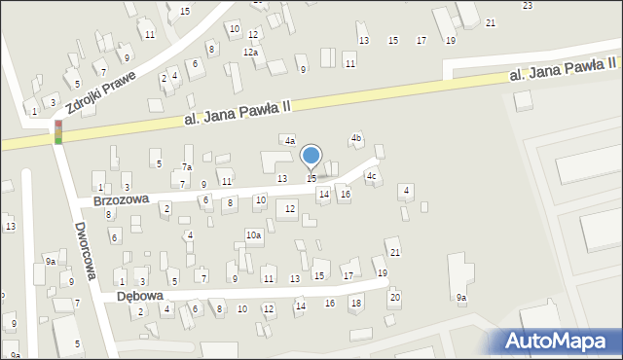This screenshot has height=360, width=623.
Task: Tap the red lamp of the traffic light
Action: tap(58, 125)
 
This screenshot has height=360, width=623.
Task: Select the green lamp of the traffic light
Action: tap(58, 141)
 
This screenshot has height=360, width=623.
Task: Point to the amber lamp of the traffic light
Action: tap(58, 132)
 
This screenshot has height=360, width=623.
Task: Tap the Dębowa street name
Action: tap(139, 295)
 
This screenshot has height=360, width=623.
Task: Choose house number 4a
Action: tap(289, 141)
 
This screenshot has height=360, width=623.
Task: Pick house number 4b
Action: tap(356, 138)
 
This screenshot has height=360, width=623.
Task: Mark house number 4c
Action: tap(371, 176)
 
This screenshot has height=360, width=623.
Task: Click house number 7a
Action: tap(186, 167)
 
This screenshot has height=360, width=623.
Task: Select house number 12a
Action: tap(250, 52)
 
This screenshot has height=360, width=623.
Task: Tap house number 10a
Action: tap(253, 235)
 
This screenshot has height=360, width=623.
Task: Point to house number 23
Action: tap(528, 6)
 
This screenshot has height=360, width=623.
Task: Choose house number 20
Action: tap(394, 297)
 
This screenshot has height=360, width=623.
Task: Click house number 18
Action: tap(356, 303)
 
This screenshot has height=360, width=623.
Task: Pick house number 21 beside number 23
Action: tap(490, 22)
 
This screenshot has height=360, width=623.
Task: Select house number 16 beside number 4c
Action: tap(345, 195)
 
